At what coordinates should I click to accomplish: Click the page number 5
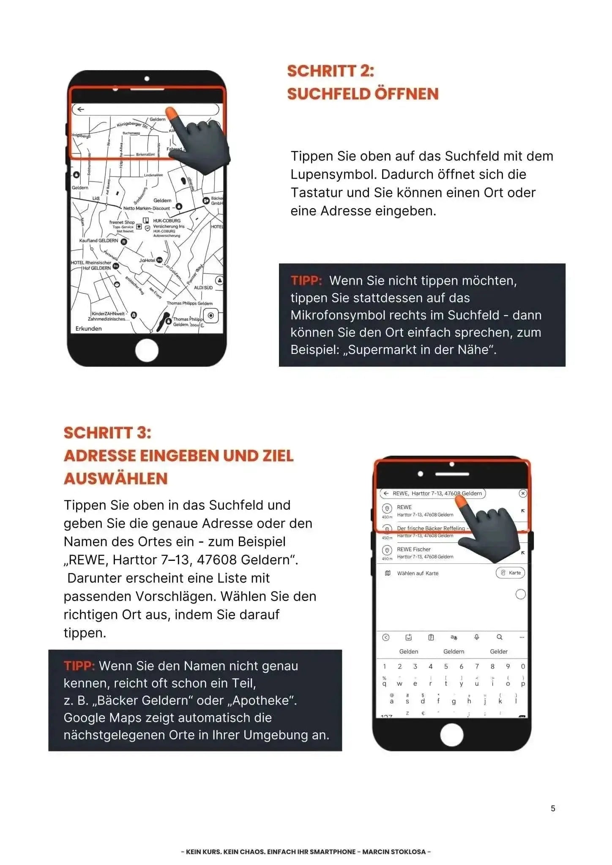(x=553, y=808)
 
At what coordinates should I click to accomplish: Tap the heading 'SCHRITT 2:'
(x=331, y=71)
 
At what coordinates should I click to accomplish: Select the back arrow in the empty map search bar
(x=81, y=109)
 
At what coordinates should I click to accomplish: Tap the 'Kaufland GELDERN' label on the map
(x=99, y=241)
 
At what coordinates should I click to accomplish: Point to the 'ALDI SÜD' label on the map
(x=203, y=288)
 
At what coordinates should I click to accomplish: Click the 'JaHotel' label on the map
(x=148, y=260)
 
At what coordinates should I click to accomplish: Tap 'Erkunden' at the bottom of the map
(x=88, y=329)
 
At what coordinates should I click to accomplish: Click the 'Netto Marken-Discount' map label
(x=147, y=208)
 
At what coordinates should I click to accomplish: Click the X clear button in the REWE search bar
(x=523, y=493)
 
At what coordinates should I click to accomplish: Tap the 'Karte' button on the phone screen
(x=511, y=573)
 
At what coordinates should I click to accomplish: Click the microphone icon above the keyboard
(x=476, y=637)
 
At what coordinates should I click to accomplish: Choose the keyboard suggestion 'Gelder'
(x=499, y=651)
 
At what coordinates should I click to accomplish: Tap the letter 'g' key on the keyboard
(x=454, y=702)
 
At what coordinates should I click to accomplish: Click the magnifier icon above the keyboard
(x=499, y=637)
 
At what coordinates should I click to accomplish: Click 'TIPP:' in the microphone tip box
(x=306, y=280)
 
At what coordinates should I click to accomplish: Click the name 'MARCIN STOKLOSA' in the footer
(x=394, y=851)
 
